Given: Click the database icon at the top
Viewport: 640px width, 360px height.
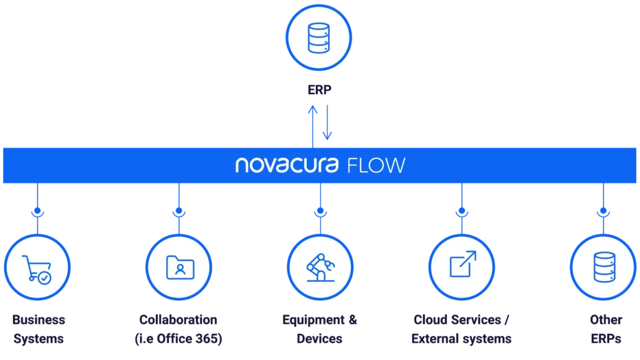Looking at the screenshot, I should (319, 37).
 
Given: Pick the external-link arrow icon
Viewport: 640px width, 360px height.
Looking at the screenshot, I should (462, 265).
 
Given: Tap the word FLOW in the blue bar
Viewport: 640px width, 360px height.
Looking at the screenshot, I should (377, 166).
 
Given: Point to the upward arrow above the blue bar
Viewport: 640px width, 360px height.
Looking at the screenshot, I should (312, 124).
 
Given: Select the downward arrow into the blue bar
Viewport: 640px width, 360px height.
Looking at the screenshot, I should (328, 124).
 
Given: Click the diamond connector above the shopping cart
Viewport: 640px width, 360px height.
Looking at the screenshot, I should (38, 214).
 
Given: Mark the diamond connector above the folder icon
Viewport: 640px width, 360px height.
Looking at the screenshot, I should (179, 214).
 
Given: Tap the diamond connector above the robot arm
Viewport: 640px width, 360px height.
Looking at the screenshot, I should (320, 214).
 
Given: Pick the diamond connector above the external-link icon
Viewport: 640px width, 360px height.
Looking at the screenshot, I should (461, 214).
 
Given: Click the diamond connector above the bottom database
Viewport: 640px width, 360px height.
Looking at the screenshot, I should (603, 214).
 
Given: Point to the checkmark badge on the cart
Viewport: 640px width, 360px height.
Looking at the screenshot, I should (45, 278).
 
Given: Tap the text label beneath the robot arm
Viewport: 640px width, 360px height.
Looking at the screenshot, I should (320, 330).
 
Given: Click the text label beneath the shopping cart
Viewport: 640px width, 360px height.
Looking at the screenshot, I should (38, 330).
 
